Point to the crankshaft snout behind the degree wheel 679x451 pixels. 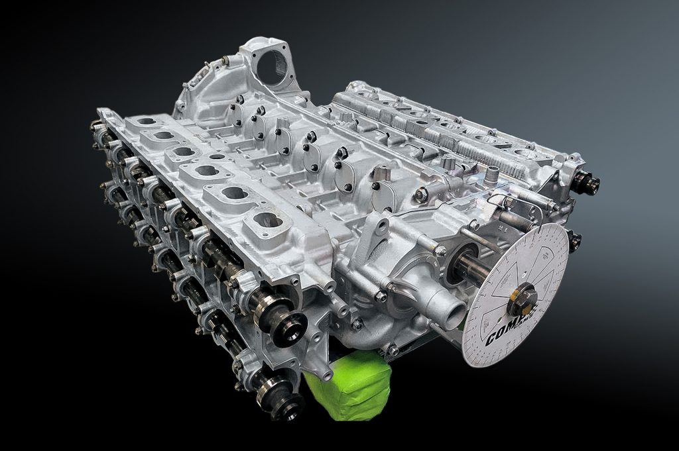[471, 266]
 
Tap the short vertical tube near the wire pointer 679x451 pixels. [491, 176]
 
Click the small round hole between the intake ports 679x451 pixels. [217, 157]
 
